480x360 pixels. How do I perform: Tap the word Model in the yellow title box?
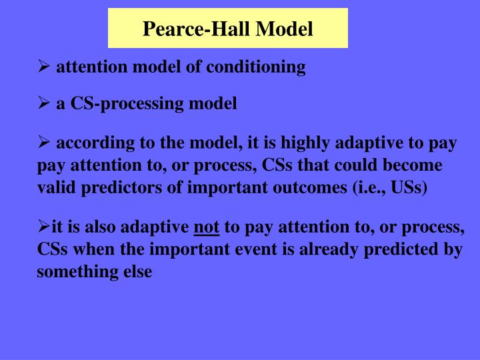[285, 29]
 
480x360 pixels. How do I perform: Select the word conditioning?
[265, 67]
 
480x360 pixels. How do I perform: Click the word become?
[415, 165]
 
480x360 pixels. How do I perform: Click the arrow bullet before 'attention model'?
[43, 67]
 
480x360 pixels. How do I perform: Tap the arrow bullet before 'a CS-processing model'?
[43, 104]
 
